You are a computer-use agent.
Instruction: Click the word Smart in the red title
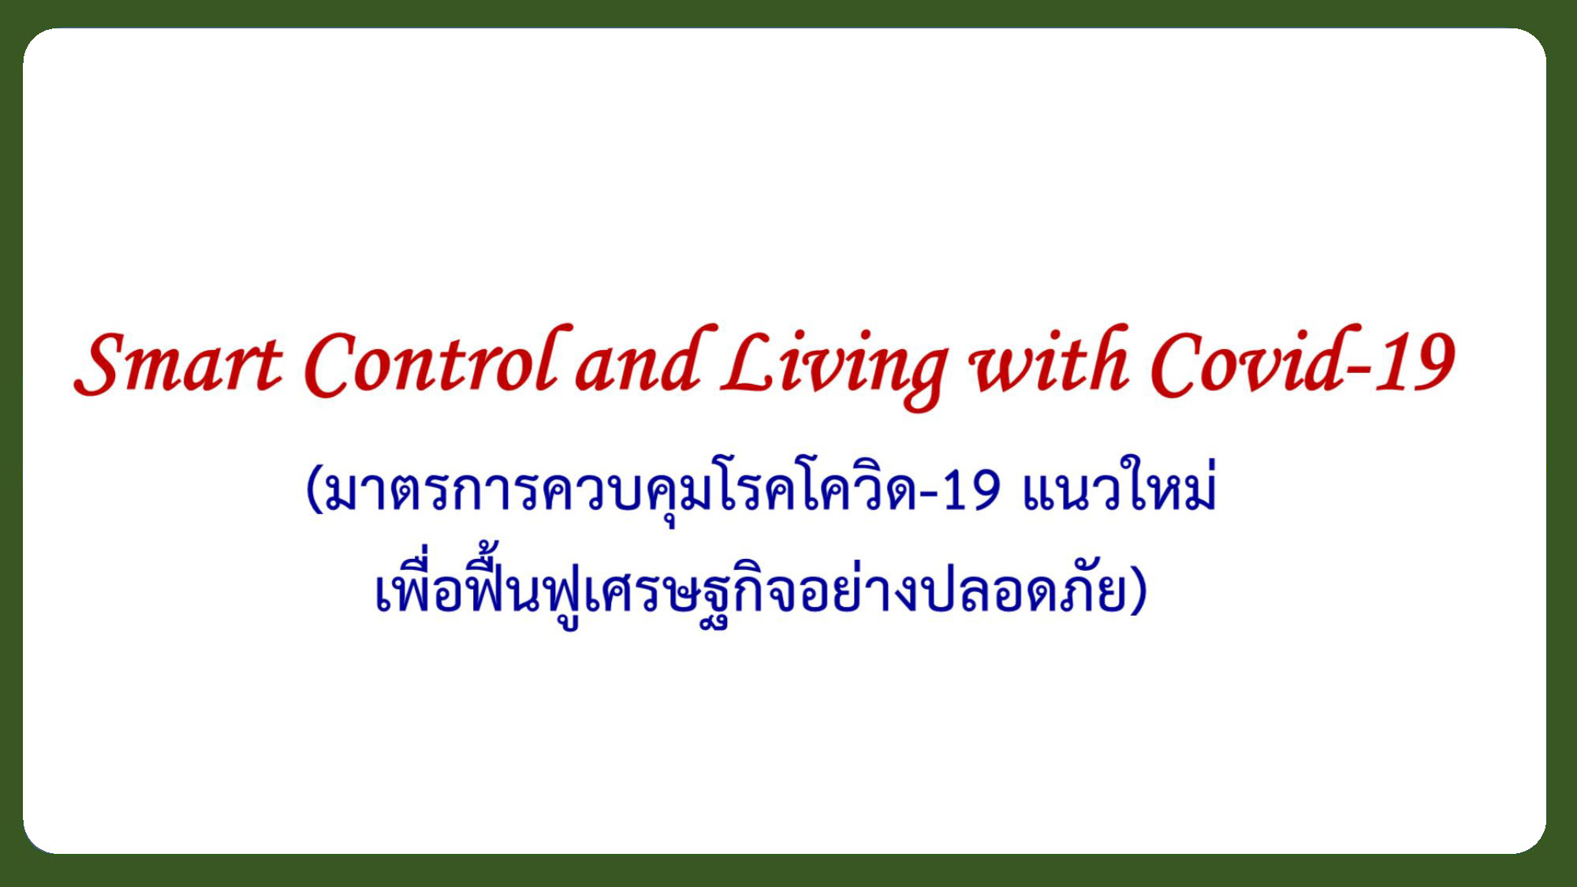[178, 363]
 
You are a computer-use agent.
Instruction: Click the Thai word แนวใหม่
[1120, 485]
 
